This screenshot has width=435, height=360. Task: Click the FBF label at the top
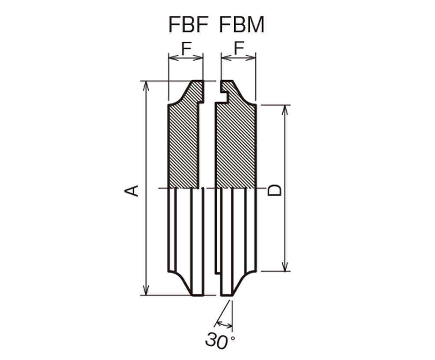(x=188, y=25)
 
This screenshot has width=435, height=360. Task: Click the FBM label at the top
(x=242, y=25)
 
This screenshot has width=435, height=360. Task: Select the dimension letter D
(x=275, y=190)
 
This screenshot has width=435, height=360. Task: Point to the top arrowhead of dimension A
(x=146, y=86)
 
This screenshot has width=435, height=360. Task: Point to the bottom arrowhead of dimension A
(x=146, y=290)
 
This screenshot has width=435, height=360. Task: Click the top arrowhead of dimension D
(x=285, y=110)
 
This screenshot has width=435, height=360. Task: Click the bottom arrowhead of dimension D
(x=285, y=266)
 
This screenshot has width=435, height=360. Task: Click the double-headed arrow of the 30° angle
(x=224, y=324)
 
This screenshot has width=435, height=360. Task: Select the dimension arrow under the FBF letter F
(x=186, y=58)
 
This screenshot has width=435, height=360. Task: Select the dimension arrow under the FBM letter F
(x=239, y=58)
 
